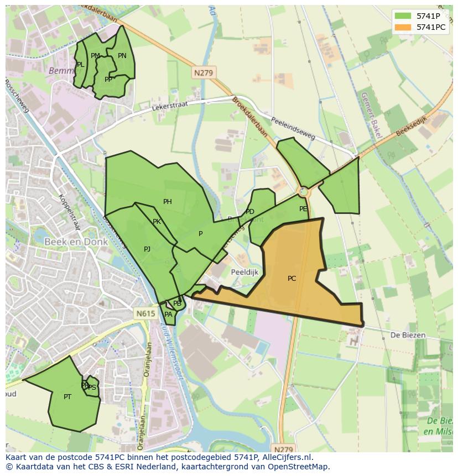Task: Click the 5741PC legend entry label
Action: [x=431, y=27]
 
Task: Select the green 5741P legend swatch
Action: [x=403, y=16]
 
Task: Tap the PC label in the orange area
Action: [x=292, y=279]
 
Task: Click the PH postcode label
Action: [x=168, y=202]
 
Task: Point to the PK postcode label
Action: [x=157, y=222]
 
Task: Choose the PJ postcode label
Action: [x=147, y=249]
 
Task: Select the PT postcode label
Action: [x=67, y=397]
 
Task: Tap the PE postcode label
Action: [x=303, y=209]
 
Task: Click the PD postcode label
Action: [x=250, y=212]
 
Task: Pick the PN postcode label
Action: [x=122, y=56]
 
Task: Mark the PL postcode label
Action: [x=81, y=65]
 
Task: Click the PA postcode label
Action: [x=168, y=315]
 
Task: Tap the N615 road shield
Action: [x=145, y=313]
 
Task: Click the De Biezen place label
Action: [x=408, y=335]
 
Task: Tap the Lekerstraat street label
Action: [x=170, y=106]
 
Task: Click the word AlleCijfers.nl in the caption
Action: [x=287, y=457]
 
